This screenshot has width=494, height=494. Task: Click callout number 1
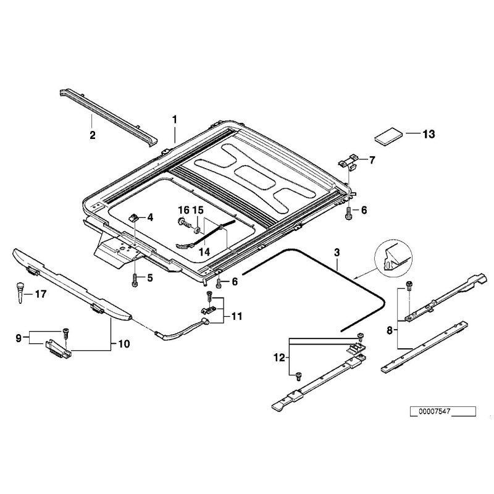[175, 119]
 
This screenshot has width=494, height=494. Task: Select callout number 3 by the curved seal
[337, 253]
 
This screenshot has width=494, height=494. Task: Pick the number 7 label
[372, 161]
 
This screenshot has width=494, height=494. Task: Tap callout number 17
[41, 295]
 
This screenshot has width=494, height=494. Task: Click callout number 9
[19, 338]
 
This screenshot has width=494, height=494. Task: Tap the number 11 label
[237, 317]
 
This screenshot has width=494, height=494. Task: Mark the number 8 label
[390, 330]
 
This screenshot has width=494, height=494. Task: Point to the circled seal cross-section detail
[390, 256]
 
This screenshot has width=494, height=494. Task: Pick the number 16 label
[183, 211]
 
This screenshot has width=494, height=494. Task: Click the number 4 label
[150, 217]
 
